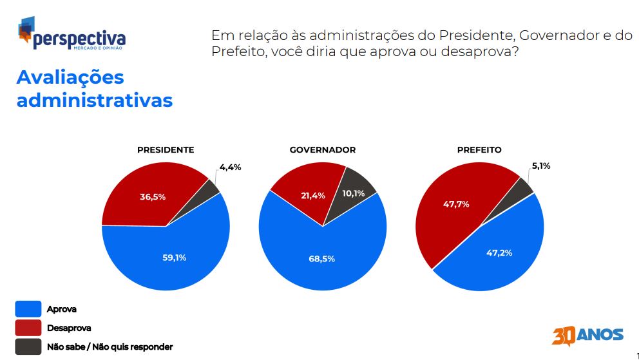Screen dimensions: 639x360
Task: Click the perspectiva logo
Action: click(x=72, y=33)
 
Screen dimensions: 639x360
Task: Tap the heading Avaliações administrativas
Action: click(x=95, y=89)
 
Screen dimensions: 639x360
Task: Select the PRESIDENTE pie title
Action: click(x=166, y=150)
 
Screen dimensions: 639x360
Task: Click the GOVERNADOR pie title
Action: click(x=323, y=150)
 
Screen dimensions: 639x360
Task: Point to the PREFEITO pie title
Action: click(x=479, y=150)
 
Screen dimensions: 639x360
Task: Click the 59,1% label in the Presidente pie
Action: click(x=175, y=258)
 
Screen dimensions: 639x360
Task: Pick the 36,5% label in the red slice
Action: click(x=153, y=197)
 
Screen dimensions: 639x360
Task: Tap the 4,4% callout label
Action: click(x=230, y=167)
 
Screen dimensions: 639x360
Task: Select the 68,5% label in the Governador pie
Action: click(x=322, y=259)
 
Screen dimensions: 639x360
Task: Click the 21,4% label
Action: click(x=313, y=196)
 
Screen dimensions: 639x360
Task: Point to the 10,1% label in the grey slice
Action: click(x=354, y=193)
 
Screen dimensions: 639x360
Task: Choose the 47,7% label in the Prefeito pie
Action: click(x=456, y=204)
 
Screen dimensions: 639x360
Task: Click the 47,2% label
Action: click(x=499, y=253)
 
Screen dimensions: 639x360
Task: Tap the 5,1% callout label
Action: click(x=541, y=166)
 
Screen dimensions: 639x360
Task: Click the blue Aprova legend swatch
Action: click(x=28, y=308)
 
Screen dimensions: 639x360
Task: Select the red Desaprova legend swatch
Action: click(x=28, y=328)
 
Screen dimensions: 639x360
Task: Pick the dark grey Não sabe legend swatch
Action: click(x=28, y=346)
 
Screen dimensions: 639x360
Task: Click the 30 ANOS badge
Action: click(x=587, y=336)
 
